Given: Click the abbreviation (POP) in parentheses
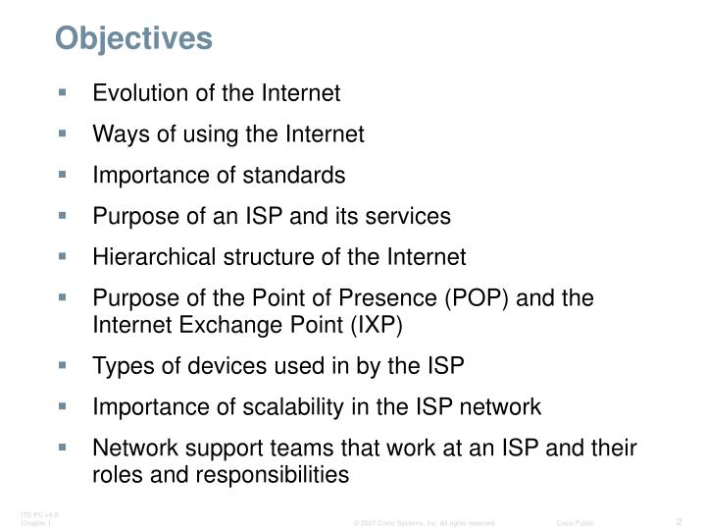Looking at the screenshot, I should [476, 298].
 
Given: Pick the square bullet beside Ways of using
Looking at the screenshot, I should [64, 134].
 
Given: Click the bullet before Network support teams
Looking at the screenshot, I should [64, 448].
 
